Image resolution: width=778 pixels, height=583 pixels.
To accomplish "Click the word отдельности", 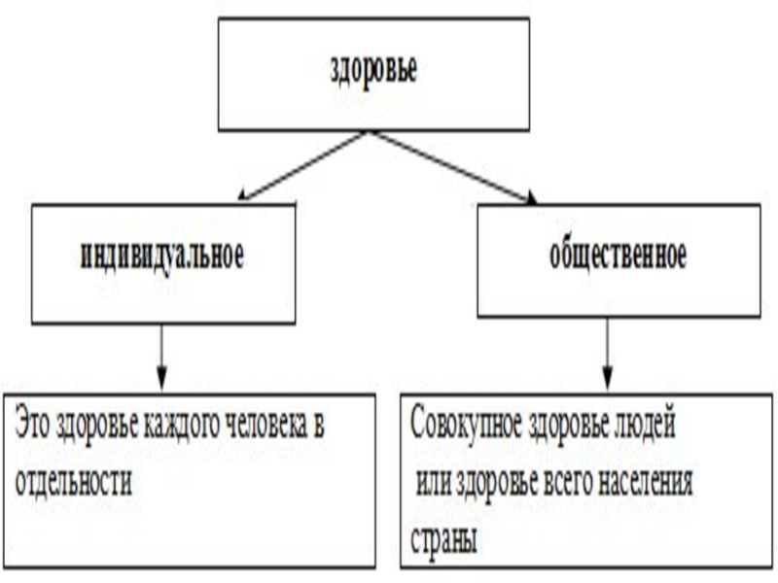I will click(x=72, y=483).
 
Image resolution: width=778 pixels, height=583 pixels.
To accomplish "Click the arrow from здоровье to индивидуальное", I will click(x=301, y=166).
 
